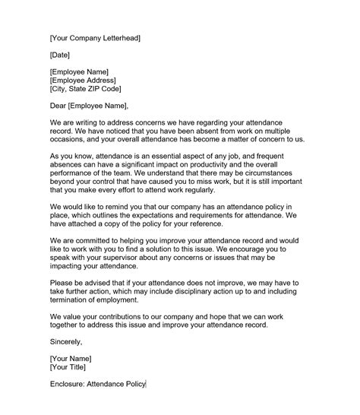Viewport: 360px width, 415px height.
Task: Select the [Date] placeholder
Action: coord(61,55)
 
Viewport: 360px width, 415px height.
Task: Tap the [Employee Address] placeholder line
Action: coord(83,81)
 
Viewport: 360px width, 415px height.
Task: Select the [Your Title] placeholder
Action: coord(68,367)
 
